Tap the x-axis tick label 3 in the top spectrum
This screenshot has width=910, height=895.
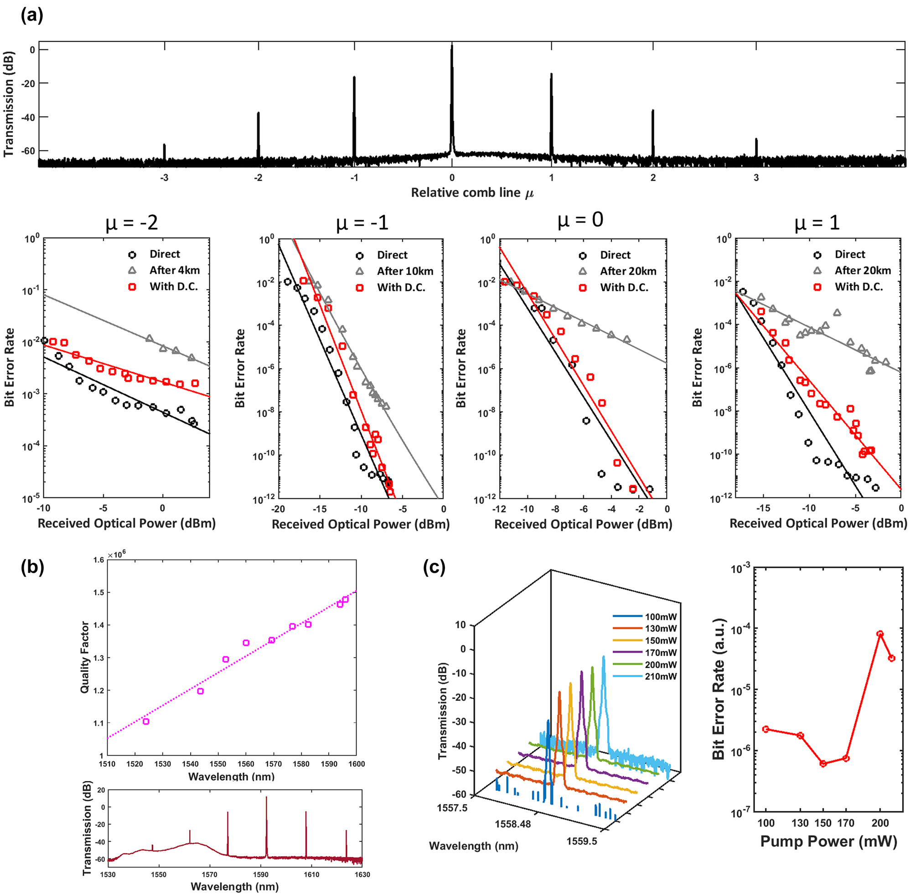pos(756,178)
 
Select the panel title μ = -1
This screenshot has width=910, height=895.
pos(362,223)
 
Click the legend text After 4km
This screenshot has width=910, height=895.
pos(175,270)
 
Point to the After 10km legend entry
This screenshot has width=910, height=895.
pos(404,271)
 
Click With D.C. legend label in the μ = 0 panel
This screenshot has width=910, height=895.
pos(624,288)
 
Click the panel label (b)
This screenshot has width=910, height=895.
pos(32,567)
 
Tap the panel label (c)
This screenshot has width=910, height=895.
pos(434,567)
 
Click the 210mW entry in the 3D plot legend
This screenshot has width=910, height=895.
pos(660,676)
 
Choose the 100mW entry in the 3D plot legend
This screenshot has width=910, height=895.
pos(660,617)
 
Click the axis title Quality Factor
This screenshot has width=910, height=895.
pos(85,657)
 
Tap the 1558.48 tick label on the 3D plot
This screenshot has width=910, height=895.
pos(512,824)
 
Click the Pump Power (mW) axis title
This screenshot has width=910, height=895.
pos(829,841)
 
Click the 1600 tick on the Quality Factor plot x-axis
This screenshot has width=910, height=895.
pos(356,764)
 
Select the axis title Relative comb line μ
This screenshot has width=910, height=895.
pos(472,193)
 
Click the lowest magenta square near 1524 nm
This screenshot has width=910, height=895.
pos(146,721)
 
